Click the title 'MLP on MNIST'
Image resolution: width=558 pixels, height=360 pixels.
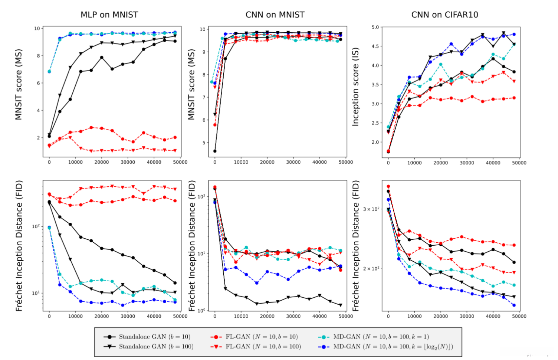click(109, 15)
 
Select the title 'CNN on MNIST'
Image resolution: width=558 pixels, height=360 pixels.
click(275, 15)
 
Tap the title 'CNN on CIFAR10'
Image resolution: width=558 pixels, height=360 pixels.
click(444, 15)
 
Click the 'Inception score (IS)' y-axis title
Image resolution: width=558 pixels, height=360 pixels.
click(355, 87)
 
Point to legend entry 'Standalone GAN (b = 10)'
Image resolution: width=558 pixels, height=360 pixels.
click(154, 337)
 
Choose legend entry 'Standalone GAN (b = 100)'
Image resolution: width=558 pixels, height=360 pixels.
click(156, 347)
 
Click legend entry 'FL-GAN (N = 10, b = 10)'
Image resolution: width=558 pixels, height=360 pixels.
click(262, 337)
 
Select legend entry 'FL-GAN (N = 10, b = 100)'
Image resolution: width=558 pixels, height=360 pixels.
click(263, 347)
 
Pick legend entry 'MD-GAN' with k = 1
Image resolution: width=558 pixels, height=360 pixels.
click(381, 337)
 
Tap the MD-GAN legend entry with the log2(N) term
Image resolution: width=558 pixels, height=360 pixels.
click(393, 347)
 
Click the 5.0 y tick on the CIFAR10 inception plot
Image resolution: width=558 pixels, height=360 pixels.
click(375, 27)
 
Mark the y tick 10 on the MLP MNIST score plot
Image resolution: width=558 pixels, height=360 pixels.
click(37, 29)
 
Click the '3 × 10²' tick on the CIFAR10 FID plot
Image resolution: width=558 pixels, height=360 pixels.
click(371, 209)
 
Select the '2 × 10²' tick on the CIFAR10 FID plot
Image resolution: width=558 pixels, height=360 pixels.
click(371, 268)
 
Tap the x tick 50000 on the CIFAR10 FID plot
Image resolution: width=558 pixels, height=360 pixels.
click(519, 316)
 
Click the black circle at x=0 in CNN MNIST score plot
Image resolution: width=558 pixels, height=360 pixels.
click(215, 151)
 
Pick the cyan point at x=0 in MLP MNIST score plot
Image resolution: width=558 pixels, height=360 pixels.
click(49, 72)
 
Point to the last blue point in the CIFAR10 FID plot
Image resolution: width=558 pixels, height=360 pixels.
click(514, 305)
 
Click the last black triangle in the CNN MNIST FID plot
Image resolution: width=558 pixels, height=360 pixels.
click(341, 305)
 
